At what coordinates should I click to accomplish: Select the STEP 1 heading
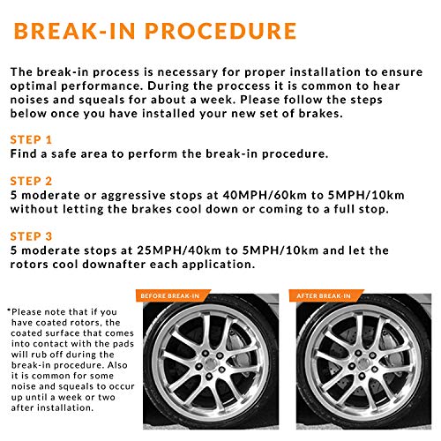pyautogui.click(x=31, y=139)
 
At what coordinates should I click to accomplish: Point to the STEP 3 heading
pyautogui.click(x=31, y=236)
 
